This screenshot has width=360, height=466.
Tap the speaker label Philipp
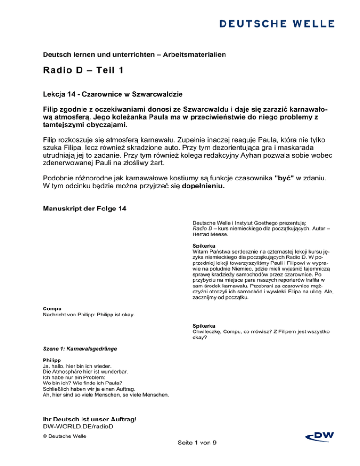click(52, 360)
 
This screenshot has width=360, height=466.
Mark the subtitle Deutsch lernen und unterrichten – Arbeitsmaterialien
click(134, 55)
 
